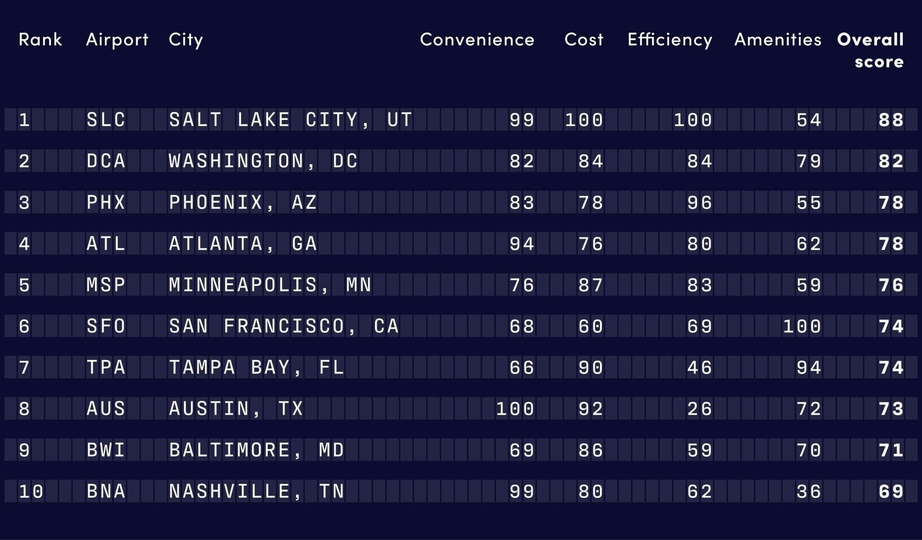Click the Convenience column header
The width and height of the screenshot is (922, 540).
477,40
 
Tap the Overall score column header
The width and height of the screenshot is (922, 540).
871,50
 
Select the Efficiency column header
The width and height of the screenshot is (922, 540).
670,40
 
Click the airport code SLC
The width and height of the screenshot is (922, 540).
106,120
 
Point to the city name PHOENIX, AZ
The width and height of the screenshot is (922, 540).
243,202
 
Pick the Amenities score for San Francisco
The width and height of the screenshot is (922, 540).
802,326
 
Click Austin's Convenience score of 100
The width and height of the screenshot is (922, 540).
515,409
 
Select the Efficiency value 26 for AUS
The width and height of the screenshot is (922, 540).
699,409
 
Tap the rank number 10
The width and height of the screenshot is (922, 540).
31,491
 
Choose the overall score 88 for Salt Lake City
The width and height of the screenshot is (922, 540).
891,120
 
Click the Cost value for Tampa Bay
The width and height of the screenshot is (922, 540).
591,368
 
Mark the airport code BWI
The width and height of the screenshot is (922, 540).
106,450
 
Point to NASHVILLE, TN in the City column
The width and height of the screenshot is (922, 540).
257,491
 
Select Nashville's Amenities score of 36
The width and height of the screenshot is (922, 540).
809,491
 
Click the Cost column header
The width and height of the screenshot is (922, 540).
584,40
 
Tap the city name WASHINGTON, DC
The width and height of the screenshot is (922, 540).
264,161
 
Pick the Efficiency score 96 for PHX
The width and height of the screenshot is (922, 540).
699,202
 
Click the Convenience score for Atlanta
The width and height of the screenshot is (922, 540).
522,244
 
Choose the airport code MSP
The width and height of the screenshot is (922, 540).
106,285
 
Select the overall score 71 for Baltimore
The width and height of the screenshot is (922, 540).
891,450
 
